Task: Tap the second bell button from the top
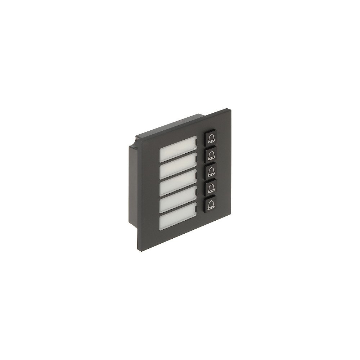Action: coord(211,154)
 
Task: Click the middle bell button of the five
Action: coord(211,171)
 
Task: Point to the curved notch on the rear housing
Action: coord(135,141)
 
